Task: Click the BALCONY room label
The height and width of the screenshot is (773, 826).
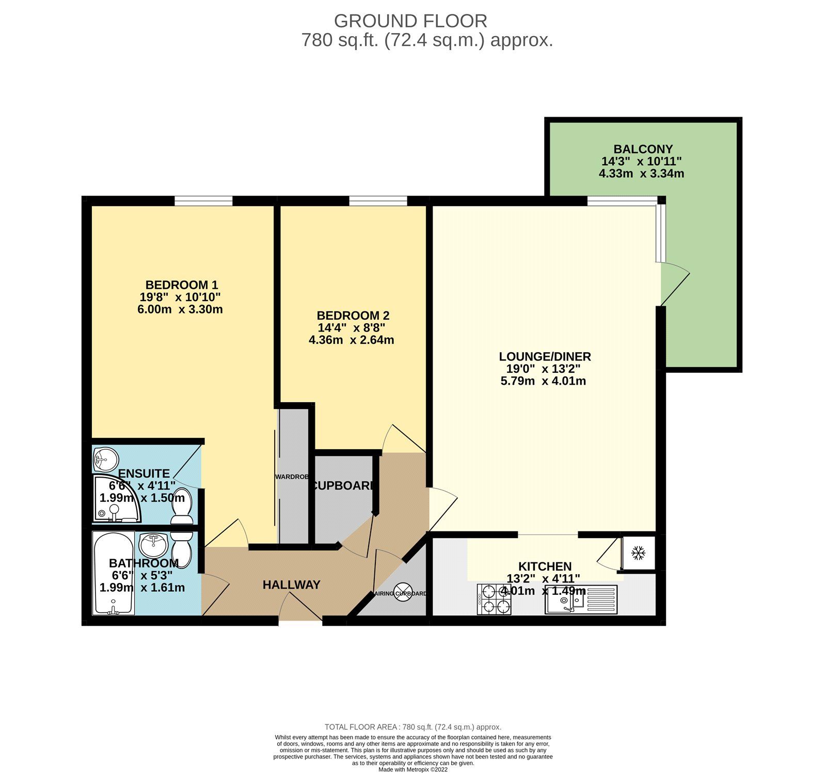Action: [643, 149]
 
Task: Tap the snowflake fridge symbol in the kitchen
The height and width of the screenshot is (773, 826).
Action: [639, 554]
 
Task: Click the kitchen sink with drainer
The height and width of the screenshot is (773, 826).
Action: [581, 600]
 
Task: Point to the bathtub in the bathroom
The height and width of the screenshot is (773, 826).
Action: [114, 573]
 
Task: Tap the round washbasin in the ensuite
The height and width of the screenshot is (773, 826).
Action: [106, 459]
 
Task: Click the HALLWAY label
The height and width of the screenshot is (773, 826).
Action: [291, 585]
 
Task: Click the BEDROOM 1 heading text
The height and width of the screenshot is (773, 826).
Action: [181, 285]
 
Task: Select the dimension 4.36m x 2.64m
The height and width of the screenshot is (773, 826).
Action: [351, 340]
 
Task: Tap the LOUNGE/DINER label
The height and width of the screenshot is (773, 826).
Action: [545, 356]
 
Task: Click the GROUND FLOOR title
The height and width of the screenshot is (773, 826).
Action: [410, 21]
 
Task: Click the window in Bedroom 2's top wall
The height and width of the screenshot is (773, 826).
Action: [378, 200]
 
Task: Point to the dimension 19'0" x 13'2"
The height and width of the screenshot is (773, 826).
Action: [543, 369]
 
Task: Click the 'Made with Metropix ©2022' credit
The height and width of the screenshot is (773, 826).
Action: [413, 769]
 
